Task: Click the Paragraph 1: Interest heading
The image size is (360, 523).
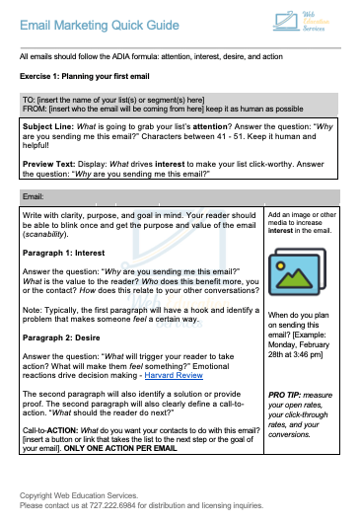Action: pos(65,252)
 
